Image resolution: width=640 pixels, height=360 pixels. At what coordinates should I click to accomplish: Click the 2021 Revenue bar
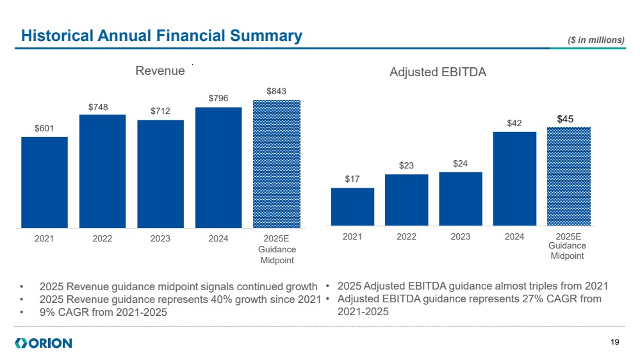click(x=44, y=182)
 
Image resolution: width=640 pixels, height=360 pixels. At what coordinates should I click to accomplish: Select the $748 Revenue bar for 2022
click(x=103, y=171)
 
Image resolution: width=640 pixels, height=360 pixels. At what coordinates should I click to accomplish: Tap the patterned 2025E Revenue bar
click(x=277, y=163)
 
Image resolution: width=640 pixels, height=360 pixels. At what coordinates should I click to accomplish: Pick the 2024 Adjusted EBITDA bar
click(x=514, y=178)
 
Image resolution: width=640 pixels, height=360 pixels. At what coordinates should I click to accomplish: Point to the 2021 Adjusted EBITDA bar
click(x=352, y=206)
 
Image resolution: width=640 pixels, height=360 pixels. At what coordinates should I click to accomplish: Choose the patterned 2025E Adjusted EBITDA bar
click(x=568, y=176)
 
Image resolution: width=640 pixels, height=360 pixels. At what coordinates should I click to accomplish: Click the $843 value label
click(x=277, y=92)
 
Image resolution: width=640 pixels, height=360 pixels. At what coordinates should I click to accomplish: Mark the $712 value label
click(x=160, y=111)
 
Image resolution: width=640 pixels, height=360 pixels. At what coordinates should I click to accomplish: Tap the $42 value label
click(x=514, y=123)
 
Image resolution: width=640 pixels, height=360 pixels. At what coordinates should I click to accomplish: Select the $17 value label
click(x=352, y=179)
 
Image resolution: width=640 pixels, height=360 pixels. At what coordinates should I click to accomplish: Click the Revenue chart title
click(x=160, y=71)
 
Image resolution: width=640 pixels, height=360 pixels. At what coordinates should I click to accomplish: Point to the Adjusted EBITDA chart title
click(x=438, y=72)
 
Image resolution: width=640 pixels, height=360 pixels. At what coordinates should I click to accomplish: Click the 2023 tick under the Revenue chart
click(x=160, y=238)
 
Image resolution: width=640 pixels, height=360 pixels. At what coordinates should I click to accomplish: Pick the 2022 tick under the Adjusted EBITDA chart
click(x=406, y=236)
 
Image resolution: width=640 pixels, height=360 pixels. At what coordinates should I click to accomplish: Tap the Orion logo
click(x=43, y=343)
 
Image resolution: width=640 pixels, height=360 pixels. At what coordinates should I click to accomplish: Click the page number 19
click(x=615, y=343)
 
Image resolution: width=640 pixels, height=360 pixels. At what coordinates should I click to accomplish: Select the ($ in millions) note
click(x=596, y=40)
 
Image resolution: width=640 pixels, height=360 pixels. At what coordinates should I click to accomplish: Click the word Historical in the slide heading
click(x=54, y=37)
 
